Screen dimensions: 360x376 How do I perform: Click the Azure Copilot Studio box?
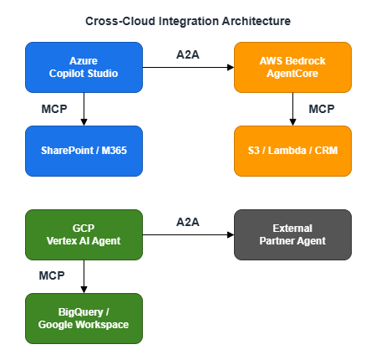point(84,67)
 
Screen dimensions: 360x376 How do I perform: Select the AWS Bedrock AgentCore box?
point(292,67)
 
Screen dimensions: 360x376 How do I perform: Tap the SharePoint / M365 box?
point(84,151)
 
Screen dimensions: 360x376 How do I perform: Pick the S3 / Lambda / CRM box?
point(292,151)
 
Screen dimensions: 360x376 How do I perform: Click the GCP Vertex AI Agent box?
point(84,234)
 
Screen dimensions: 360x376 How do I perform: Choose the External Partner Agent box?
point(292,234)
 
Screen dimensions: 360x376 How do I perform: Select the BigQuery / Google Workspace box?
point(84,318)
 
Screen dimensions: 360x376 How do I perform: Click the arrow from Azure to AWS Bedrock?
point(188,67)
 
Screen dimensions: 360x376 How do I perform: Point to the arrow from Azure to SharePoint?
point(84,109)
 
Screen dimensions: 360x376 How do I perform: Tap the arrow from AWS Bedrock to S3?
point(292,109)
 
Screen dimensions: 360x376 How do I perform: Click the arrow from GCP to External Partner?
point(188,234)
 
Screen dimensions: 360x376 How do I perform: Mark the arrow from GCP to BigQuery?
point(84,276)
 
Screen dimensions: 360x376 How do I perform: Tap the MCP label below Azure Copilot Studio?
point(53,109)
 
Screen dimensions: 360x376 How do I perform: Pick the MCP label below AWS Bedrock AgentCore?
point(322,109)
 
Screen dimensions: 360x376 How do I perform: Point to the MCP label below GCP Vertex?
point(52,275)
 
